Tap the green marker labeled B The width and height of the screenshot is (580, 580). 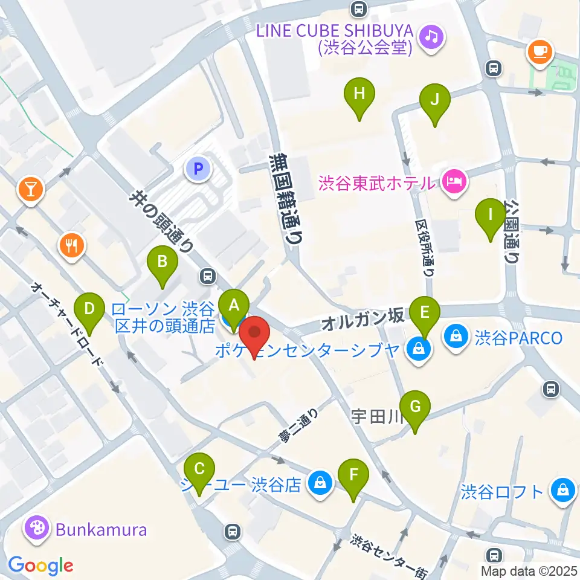(162, 262)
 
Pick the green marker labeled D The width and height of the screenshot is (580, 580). (89, 310)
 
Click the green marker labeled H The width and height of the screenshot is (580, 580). (359, 94)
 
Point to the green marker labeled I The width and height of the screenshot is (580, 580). (491, 214)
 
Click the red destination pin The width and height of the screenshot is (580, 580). (255, 333)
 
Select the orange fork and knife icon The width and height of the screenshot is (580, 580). (71, 245)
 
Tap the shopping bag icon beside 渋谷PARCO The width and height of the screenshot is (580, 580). (456, 337)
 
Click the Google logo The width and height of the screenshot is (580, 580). (40, 565)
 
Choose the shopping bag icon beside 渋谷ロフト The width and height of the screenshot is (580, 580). (562, 490)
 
